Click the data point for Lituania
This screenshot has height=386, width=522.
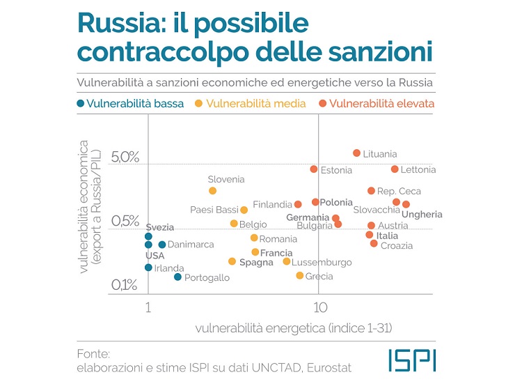click(x=356, y=153)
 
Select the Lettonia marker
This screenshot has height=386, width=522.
click(x=395, y=169)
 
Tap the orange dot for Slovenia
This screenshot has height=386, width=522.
click(x=212, y=190)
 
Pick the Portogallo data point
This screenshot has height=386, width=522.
click(x=177, y=277)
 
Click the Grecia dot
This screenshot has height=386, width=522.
click(x=300, y=275)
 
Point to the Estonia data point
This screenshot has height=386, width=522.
click(x=314, y=169)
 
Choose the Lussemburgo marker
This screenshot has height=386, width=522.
click(x=287, y=261)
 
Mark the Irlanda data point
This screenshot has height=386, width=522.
click(x=148, y=268)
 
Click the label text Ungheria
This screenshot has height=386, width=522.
click(x=422, y=215)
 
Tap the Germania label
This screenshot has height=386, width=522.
click(x=307, y=217)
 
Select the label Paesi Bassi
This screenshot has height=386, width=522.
click(x=214, y=210)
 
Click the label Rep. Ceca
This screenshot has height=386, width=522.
click(x=399, y=191)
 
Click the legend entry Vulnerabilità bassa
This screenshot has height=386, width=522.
click(x=130, y=104)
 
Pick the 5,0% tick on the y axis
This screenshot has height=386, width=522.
click(x=125, y=157)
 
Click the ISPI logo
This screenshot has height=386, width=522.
click(x=412, y=360)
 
